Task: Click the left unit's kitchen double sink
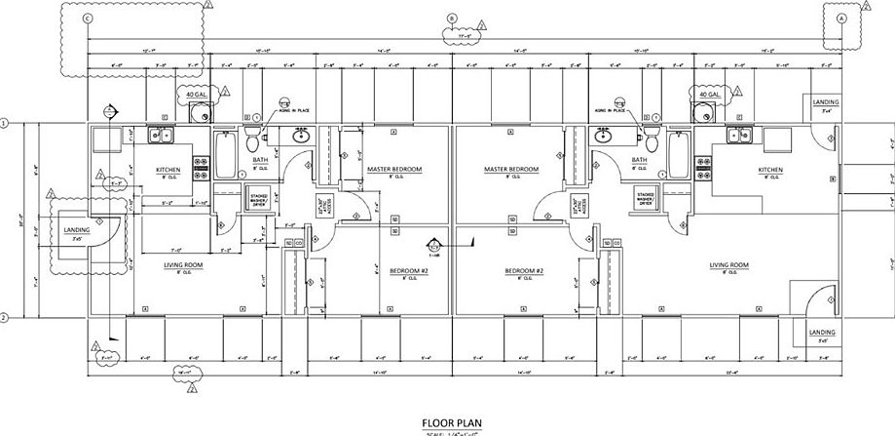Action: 161,136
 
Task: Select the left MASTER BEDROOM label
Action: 394,169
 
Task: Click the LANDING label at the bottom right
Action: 822,334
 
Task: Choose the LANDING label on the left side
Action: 77,230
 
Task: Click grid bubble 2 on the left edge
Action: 5,318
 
